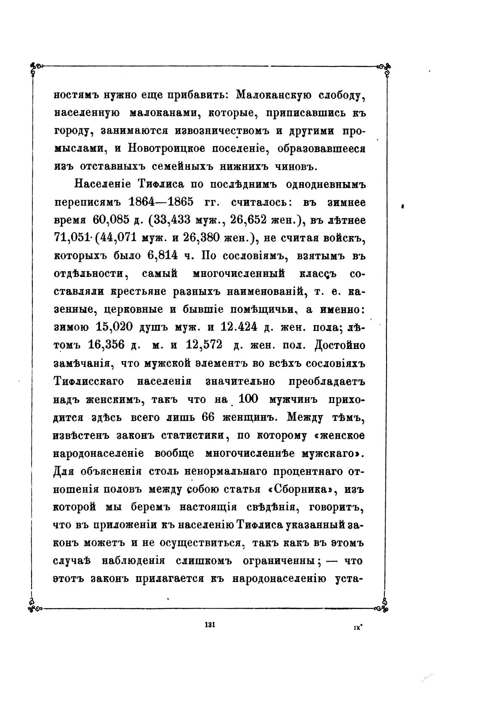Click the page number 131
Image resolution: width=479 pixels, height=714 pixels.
point(209,625)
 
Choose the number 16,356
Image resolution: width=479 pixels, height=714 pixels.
point(107,345)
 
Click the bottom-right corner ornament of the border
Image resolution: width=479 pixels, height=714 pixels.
point(383,606)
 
